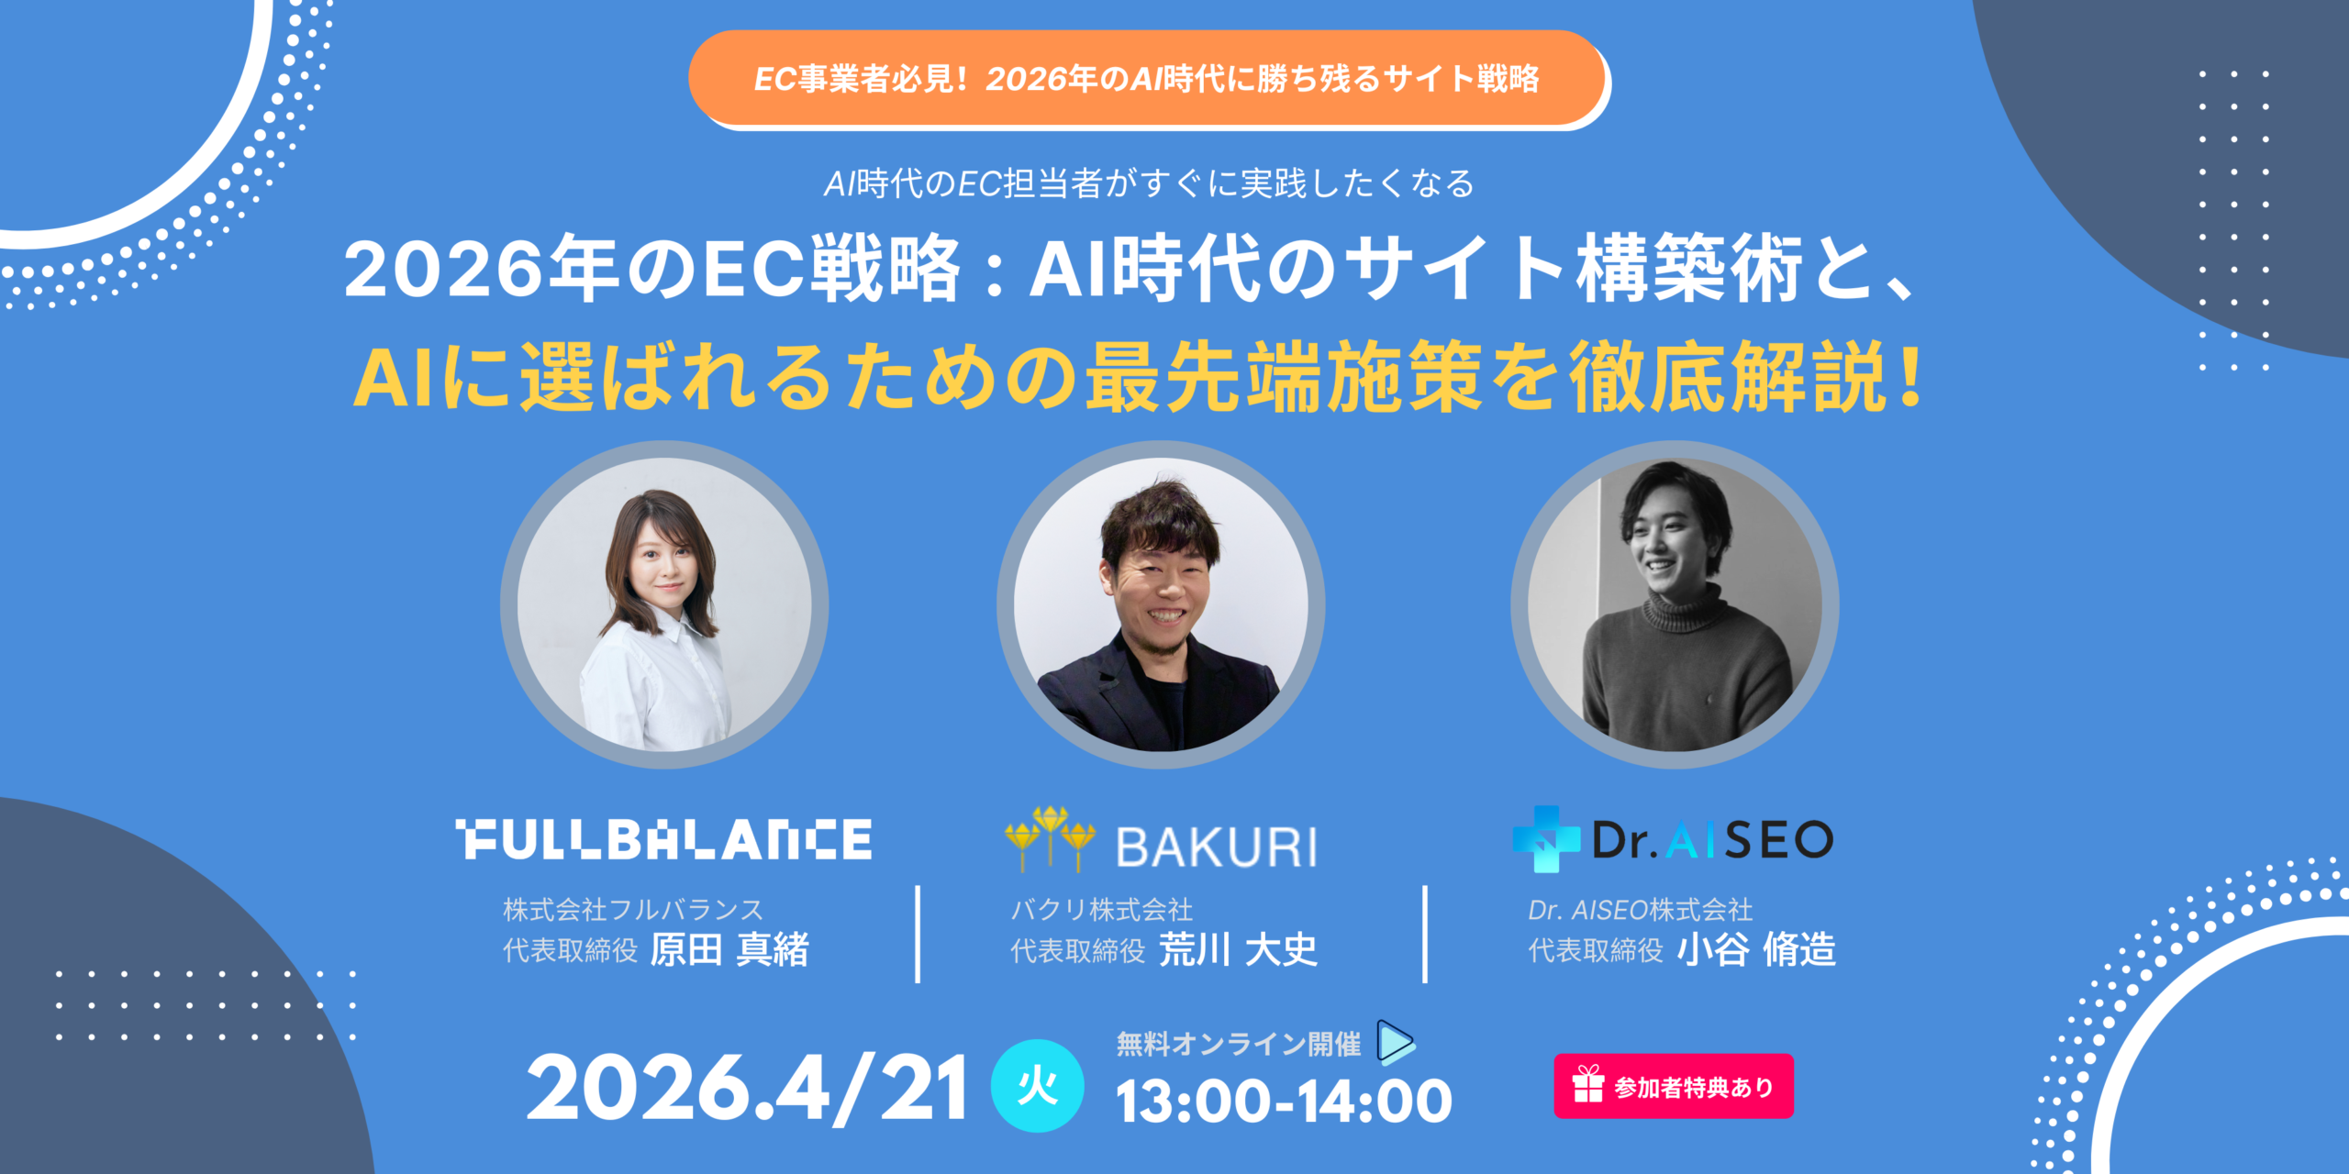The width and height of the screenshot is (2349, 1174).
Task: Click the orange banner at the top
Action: pos(1147,79)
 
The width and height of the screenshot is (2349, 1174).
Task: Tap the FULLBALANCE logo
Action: pos(664,839)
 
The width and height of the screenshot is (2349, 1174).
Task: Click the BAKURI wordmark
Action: pos(1217,847)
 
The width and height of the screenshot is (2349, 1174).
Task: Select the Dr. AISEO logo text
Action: pos(1712,840)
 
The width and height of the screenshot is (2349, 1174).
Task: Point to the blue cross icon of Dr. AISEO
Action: pos(1546,838)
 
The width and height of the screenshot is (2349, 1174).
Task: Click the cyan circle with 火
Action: pos(1037,1086)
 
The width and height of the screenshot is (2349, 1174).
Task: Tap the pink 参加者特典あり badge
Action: pos(1673,1086)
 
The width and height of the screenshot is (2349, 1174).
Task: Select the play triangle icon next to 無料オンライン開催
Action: pos(1395,1043)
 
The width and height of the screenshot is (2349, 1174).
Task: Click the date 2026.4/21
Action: pos(747,1089)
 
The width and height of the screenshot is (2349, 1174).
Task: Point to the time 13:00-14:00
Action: pos(1284,1101)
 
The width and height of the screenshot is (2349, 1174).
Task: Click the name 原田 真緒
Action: pos(729,949)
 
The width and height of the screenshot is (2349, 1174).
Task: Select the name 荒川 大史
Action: pos(1238,949)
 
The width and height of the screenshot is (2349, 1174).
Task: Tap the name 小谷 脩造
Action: pos(1756,949)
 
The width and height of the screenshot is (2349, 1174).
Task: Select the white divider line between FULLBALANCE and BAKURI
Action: pos(918,934)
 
